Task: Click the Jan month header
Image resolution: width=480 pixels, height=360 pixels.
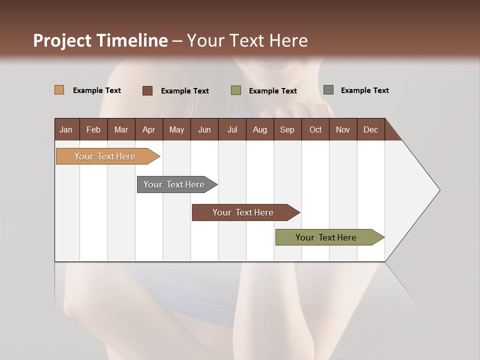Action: tap(66, 129)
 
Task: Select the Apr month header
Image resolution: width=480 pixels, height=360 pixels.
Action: tap(148, 129)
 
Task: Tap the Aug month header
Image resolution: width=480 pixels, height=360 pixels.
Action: tap(259, 129)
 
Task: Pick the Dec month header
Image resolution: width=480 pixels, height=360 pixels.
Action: tap(370, 129)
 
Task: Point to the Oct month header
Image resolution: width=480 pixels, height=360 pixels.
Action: tap(315, 129)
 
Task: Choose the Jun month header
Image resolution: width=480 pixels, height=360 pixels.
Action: tap(204, 129)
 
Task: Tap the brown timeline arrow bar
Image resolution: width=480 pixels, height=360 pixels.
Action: tap(243, 212)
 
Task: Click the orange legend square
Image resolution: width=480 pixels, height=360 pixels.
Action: tap(59, 90)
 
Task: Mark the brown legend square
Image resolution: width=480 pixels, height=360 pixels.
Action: tap(147, 90)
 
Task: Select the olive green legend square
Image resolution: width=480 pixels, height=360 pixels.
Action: tap(235, 90)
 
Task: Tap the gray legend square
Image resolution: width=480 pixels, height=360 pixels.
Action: tap(328, 90)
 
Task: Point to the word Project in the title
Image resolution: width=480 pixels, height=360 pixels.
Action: tap(62, 40)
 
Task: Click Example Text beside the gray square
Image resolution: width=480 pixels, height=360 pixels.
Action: tap(364, 90)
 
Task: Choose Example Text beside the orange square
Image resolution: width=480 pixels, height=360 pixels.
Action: tap(96, 90)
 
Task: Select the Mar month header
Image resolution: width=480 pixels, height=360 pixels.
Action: tap(121, 129)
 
